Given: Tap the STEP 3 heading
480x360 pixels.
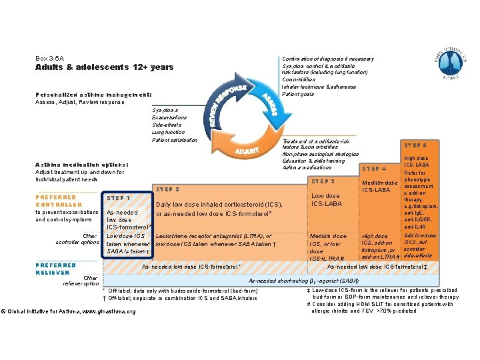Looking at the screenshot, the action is click(323, 181).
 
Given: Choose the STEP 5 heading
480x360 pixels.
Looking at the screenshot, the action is click(416, 145).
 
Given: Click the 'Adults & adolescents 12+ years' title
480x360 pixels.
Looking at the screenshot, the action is click(104, 67).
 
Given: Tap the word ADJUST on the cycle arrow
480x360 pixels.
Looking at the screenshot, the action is click(247, 151).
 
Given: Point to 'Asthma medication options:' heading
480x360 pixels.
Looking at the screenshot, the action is click(82, 165).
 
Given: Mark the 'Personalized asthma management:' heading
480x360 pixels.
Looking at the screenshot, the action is click(94, 95).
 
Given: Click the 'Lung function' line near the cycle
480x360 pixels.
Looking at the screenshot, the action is click(169, 133).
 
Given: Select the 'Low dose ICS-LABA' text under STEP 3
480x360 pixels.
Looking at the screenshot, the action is click(325, 199).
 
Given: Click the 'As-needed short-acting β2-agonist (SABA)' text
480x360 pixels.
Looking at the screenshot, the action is click(303, 281).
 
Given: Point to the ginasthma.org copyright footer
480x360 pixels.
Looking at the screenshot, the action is click(69, 311).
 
